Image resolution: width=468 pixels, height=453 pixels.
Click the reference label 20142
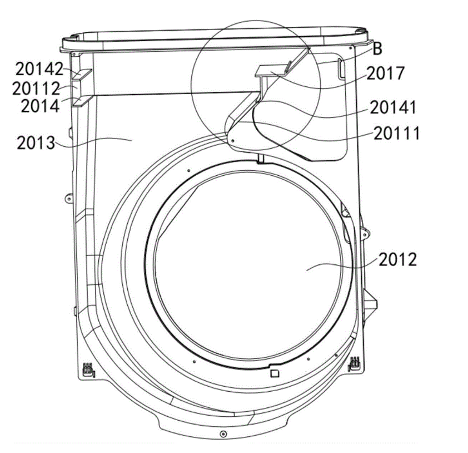coord(39,69)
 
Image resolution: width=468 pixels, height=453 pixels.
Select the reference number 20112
coord(36,88)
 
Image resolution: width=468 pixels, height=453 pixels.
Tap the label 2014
coord(40,106)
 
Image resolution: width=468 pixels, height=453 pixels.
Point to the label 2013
coord(36,143)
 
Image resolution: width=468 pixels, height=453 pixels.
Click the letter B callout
coord(377,48)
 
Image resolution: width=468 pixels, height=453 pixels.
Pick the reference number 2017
coord(386,73)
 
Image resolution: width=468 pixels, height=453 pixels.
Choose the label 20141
coord(393,107)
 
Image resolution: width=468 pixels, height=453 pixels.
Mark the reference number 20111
coord(397,133)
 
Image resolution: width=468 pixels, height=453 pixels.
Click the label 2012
coord(398,259)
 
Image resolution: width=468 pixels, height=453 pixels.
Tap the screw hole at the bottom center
coord(223,434)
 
